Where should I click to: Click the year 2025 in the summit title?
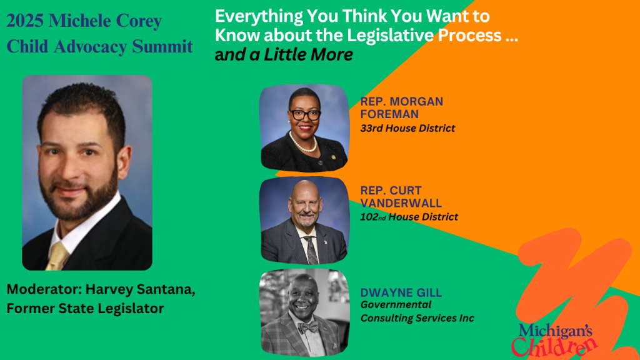pos(25,21)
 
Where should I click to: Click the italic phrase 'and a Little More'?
pos(284,54)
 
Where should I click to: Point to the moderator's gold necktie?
pos(57,256)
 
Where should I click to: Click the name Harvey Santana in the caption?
pos(140,289)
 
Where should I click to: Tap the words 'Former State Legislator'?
pos(85,308)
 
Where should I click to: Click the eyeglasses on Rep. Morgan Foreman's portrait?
pos(305,115)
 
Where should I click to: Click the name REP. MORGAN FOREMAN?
pos(402,107)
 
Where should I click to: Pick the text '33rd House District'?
pos(407,128)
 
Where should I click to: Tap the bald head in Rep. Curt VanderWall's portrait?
pos(304,192)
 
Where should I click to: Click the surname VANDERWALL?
pos(401,203)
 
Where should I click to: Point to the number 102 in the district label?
pos(369,217)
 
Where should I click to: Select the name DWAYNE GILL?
pos(401,292)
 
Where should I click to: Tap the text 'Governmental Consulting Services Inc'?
pos(417,311)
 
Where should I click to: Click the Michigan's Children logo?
pos(553,339)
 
